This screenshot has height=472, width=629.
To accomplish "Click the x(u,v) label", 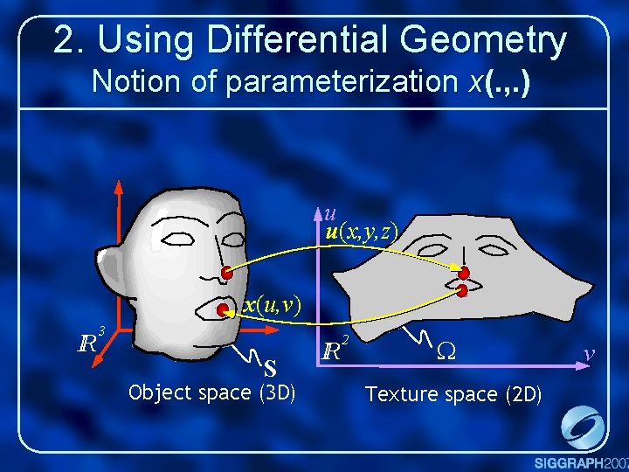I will click(272, 304).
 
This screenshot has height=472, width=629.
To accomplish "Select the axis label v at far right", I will click(590, 353).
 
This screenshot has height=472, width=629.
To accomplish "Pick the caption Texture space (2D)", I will click(453, 394).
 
